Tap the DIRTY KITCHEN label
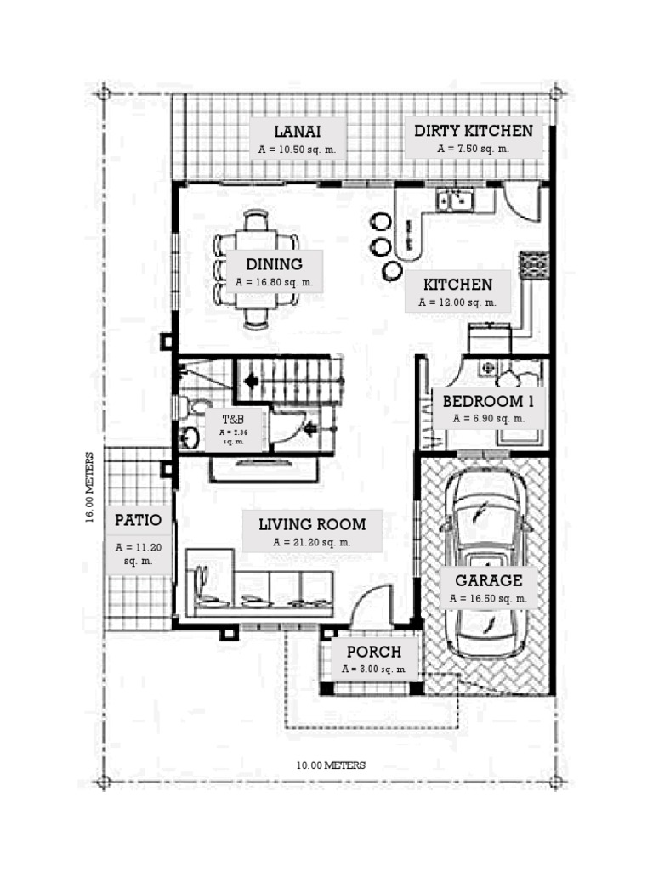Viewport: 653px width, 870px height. [x=474, y=131]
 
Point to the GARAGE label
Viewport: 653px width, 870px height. [x=488, y=581]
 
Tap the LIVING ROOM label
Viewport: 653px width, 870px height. [x=312, y=524]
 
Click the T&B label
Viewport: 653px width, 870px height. [x=233, y=419]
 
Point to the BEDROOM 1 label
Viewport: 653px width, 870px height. [x=488, y=401]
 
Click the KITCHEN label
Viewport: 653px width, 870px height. [x=457, y=284]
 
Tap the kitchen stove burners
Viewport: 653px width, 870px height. [x=533, y=266]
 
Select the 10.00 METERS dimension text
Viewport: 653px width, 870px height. [x=331, y=765]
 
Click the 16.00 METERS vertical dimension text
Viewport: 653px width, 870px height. [x=90, y=489]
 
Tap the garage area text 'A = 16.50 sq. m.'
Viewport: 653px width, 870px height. [x=488, y=598]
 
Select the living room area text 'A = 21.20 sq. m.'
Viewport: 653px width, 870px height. [x=312, y=541]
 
